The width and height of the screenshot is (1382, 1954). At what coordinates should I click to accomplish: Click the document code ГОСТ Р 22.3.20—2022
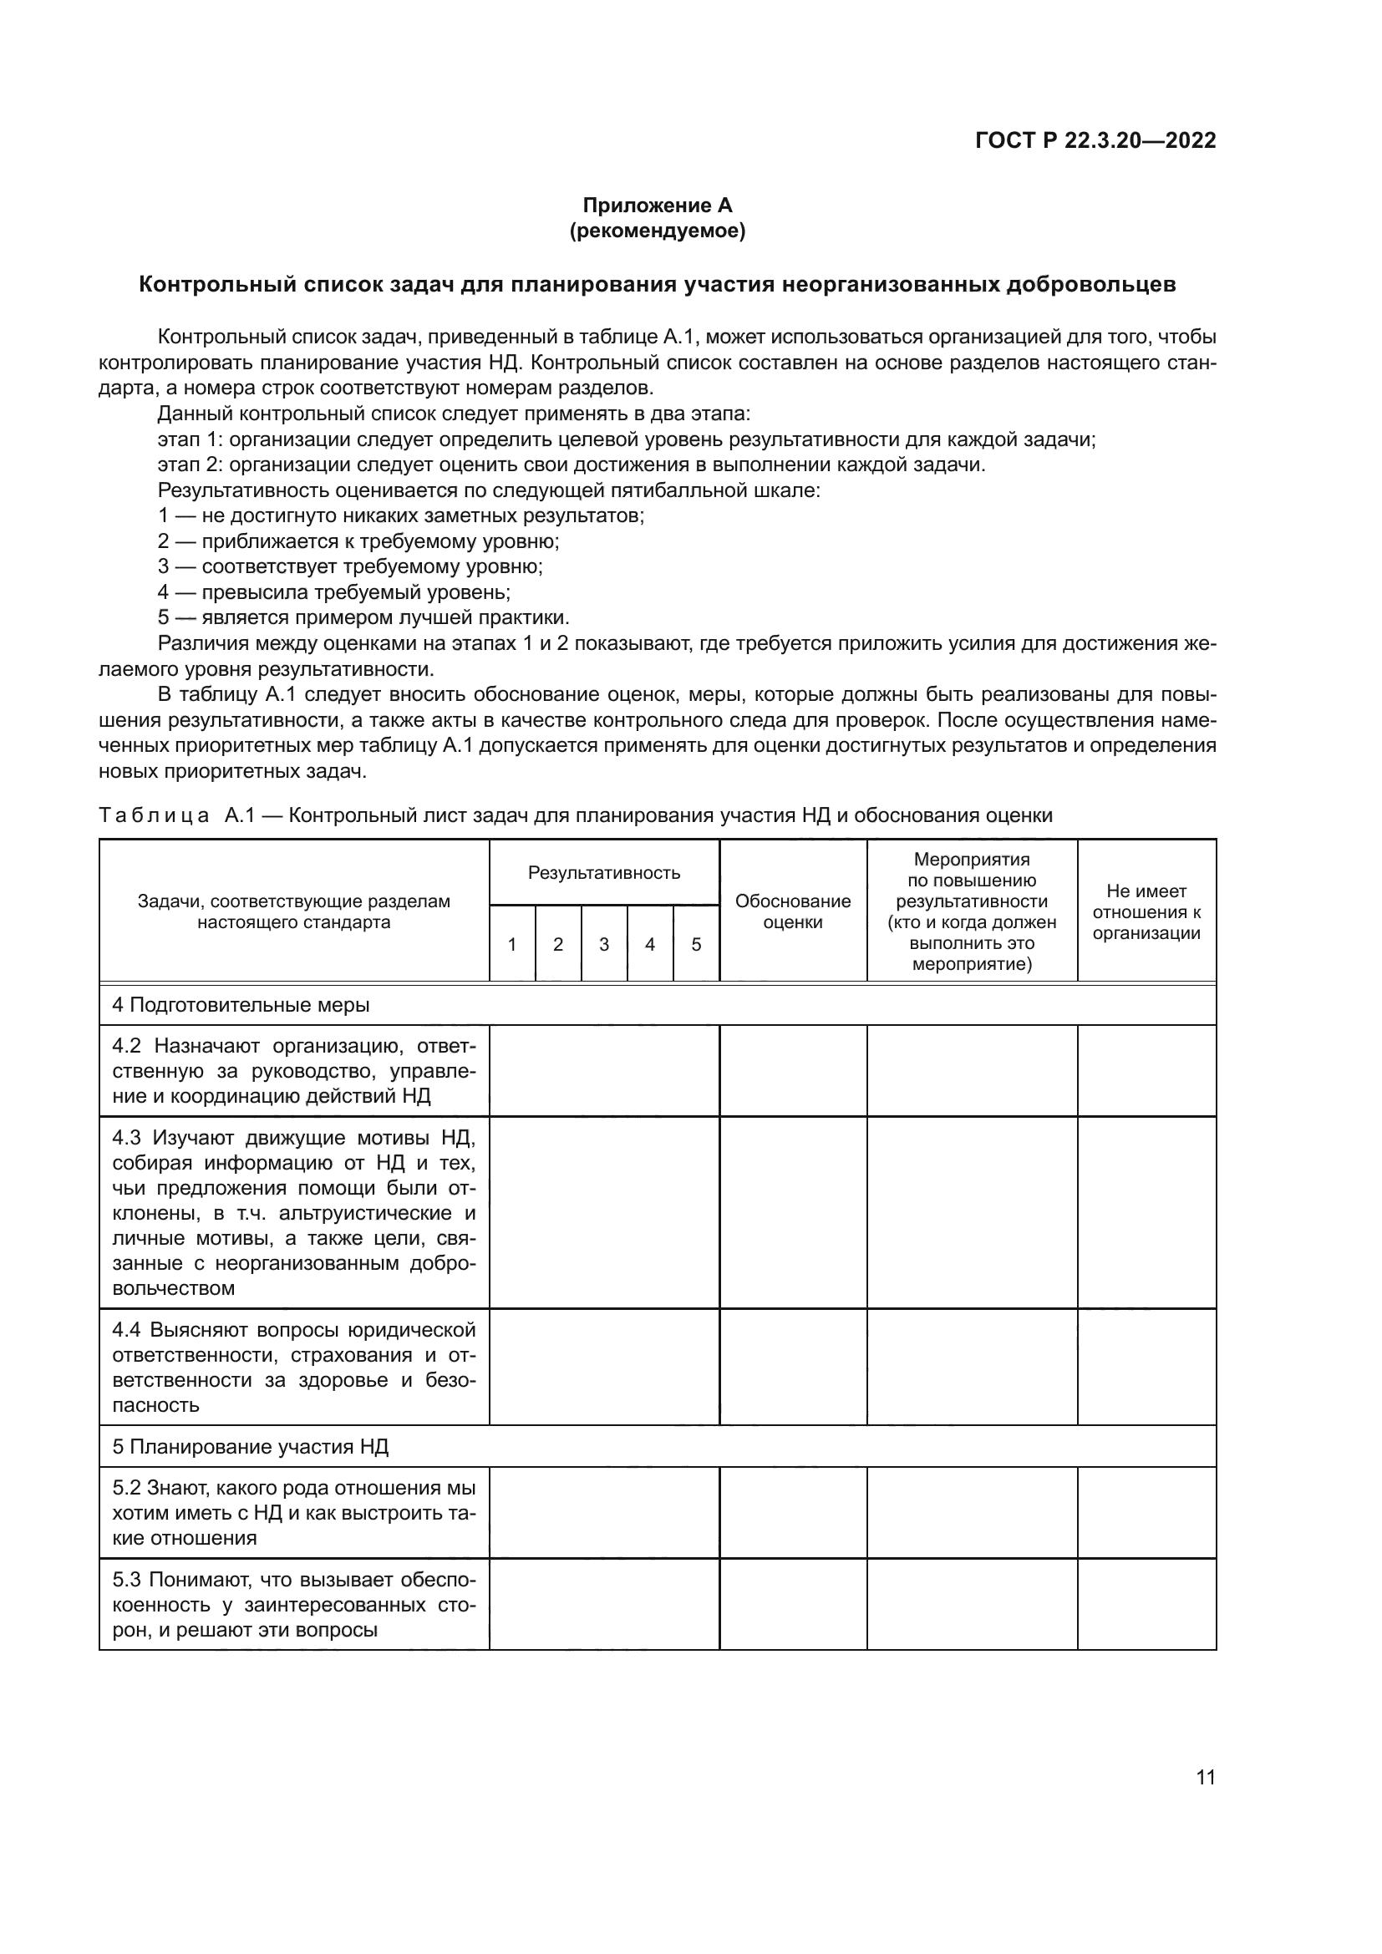click(1095, 141)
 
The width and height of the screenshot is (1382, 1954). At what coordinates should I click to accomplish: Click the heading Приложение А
click(657, 206)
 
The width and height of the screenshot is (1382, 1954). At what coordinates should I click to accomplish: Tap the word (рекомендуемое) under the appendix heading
click(657, 231)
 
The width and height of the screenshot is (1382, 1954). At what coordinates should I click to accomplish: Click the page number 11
click(1205, 1778)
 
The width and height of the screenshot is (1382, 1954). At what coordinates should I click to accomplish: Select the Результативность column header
click(604, 872)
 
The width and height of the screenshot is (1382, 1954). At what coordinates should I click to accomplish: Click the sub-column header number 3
click(604, 944)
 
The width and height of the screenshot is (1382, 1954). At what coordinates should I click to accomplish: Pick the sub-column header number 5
click(696, 944)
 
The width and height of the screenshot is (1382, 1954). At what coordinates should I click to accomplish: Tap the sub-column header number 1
click(512, 944)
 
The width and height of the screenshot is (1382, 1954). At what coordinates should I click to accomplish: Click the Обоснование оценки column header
click(792, 911)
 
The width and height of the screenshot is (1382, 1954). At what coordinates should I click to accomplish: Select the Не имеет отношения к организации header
click(1146, 911)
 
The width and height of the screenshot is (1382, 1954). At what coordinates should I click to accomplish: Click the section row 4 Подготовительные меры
click(241, 1005)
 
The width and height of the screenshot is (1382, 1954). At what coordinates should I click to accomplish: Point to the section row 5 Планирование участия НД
click(250, 1447)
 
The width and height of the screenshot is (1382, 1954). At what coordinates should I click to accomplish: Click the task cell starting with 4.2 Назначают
click(293, 1071)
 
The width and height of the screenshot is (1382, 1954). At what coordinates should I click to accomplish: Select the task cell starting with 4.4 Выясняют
click(293, 1367)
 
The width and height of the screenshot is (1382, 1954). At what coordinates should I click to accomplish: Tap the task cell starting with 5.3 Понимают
click(293, 1604)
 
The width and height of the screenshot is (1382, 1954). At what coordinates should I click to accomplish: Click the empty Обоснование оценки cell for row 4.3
click(792, 1212)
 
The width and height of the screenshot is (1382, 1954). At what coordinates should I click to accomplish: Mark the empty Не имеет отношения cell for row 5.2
click(1146, 1512)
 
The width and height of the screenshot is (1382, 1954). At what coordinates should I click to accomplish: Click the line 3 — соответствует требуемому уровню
click(350, 566)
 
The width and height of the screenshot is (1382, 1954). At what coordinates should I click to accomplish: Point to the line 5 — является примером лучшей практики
click(363, 618)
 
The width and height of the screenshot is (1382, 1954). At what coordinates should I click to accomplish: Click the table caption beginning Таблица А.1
click(575, 815)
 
